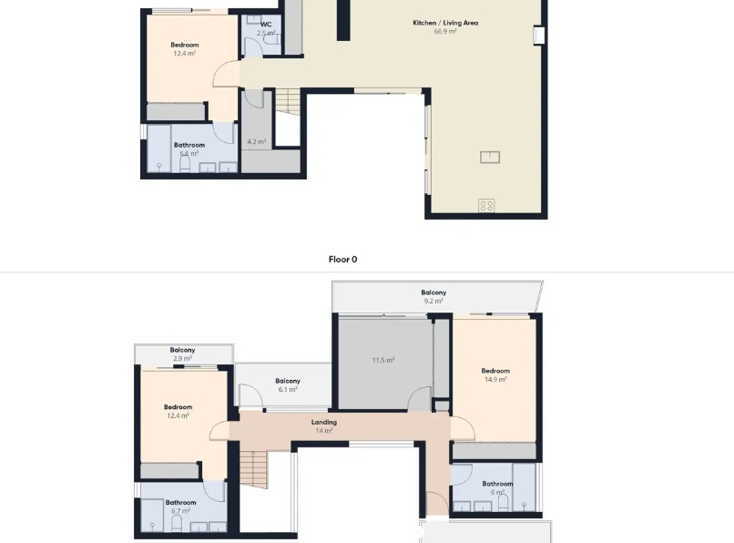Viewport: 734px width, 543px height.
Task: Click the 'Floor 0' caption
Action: (x=342, y=260)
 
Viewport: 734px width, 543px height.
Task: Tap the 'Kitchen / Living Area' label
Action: (x=445, y=23)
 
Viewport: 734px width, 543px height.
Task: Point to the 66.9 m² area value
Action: (x=445, y=32)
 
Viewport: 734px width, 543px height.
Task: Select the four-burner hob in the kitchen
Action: (x=487, y=205)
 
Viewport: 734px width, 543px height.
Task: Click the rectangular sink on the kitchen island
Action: (x=490, y=157)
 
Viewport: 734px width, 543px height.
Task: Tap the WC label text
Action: (x=266, y=25)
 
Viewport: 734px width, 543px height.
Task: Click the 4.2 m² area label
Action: (x=257, y=142)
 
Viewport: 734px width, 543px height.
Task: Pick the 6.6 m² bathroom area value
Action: (x=189, y=154)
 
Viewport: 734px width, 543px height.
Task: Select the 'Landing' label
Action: (x=323, y=422)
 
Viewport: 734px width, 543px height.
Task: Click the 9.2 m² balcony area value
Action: (x=433, y=302)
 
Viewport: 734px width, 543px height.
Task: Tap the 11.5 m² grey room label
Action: (x=382, y=361)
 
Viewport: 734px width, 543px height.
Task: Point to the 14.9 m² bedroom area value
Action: (x=495, y=380)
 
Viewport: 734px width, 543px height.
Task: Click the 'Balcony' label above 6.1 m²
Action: (x=288, y=381)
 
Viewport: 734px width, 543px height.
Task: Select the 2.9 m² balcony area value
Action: (x=182, y=359)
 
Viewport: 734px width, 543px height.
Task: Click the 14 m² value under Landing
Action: (x=323, y=431)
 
